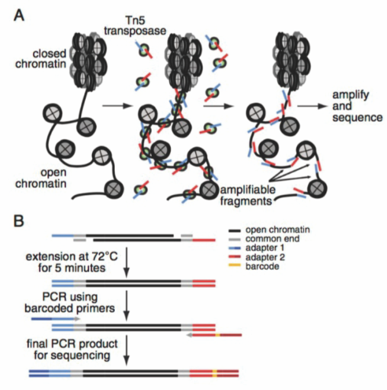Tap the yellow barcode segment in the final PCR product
click(214, 372)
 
